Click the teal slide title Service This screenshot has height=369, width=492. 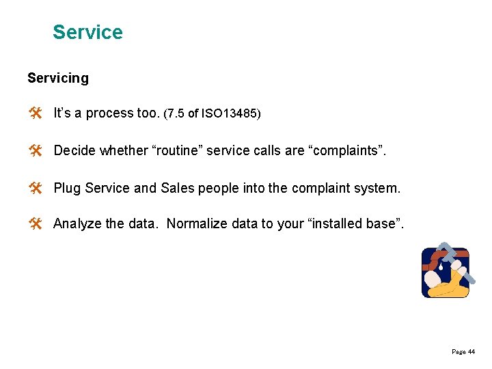[x=87, y=32]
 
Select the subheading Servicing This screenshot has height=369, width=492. [x=58, y=78]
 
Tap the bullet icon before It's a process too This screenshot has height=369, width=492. [x=36, y=113]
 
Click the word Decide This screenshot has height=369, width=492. [x=74, y=150]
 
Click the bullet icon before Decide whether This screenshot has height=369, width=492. [x=36, y=150]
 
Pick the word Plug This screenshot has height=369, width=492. [x=67, y=187]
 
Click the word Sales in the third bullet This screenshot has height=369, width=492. [x=179, y=187]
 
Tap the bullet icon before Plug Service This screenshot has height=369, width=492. [x=36, y=187]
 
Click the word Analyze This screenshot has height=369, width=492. [x=78, y=223]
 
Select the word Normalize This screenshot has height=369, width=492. [x=197, y=223]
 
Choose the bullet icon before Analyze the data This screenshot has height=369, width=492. [x=36, y=223]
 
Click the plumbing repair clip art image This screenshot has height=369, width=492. [x=446, y=271]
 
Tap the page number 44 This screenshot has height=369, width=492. [x=471, y=352]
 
